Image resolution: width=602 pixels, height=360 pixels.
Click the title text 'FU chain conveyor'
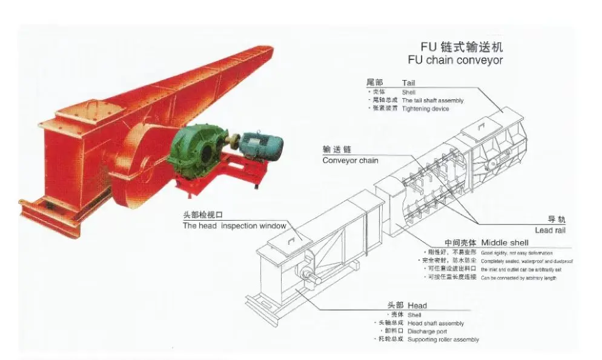coord(455,60)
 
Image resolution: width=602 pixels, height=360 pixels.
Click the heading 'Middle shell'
coord(523,242)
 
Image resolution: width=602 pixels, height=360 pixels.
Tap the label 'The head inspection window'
coord(234,226)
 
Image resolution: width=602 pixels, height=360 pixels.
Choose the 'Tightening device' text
coord(425,108)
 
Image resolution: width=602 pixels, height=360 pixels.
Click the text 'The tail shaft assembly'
coord(432,101)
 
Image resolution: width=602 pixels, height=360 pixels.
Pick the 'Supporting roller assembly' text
coord(443,339)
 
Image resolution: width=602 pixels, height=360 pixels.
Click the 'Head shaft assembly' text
coord(435,324)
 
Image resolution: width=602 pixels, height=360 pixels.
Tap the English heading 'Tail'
coord(409,82)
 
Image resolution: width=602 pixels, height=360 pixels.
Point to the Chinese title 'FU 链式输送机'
coord(461,47)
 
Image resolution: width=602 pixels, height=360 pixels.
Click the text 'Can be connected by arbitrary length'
coord(518,278)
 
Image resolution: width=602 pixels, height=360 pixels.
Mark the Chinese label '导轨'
coord(557,219)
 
